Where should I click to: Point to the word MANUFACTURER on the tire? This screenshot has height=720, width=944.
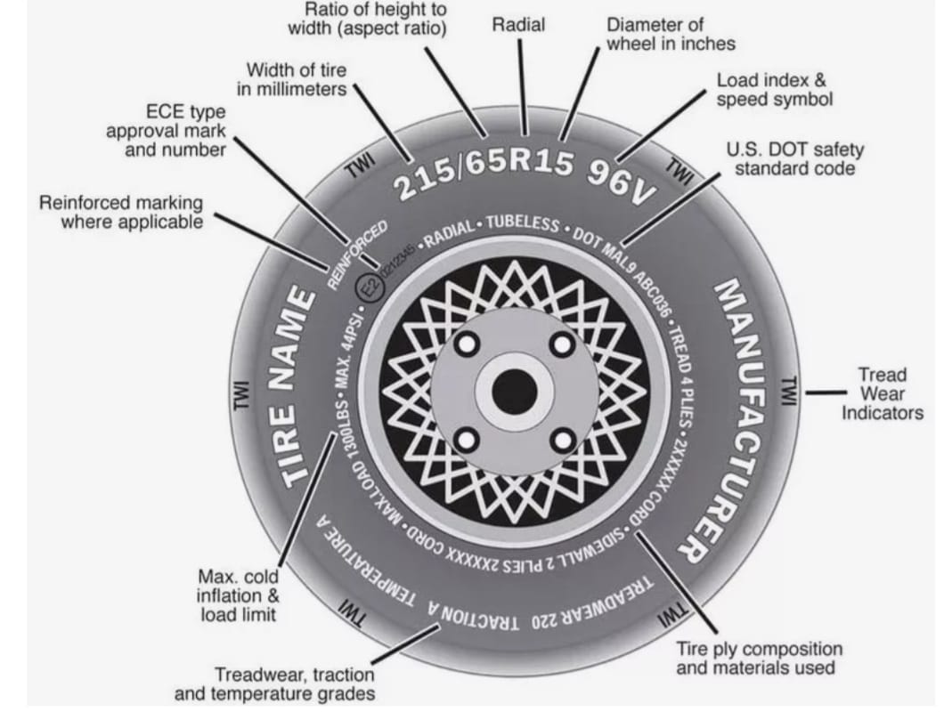[x=739, y=418]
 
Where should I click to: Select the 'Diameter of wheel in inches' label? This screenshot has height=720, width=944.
[x=671, y=34]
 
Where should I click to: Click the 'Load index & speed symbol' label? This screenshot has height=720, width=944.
[x=774, y=89]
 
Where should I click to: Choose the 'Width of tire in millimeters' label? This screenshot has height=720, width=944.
[x=296, y=79]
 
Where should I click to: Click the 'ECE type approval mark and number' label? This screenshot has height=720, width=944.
[x=177, y=131]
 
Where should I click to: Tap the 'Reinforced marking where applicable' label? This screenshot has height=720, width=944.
[x=120, y=212]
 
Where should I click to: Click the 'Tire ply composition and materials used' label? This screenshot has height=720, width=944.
[x=760, y=658]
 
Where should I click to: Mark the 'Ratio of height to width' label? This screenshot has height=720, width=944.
[x=366, y=18]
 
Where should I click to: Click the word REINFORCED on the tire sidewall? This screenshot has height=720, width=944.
[x=356, y=254]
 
